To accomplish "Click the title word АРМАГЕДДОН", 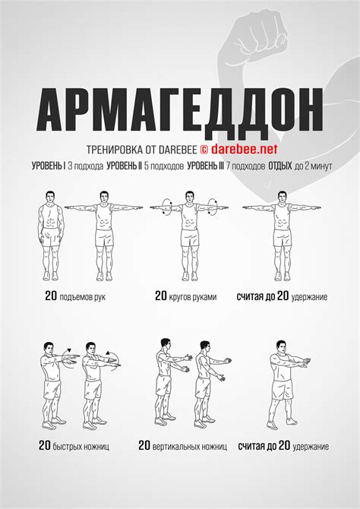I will click(x=180, y=112).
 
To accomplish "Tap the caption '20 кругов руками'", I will click(x=185, y=297).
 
